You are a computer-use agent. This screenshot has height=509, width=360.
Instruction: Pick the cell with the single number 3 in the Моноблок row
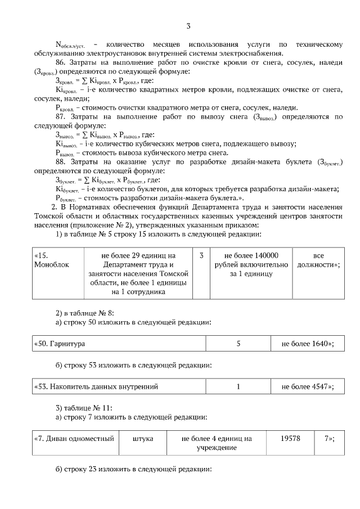(201, 255)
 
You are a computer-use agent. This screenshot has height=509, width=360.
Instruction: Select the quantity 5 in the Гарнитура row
(239, 343)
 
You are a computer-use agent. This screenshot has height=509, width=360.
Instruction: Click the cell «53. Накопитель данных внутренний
(96, 386)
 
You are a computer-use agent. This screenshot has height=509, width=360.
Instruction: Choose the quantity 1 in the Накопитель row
(239, 386)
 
